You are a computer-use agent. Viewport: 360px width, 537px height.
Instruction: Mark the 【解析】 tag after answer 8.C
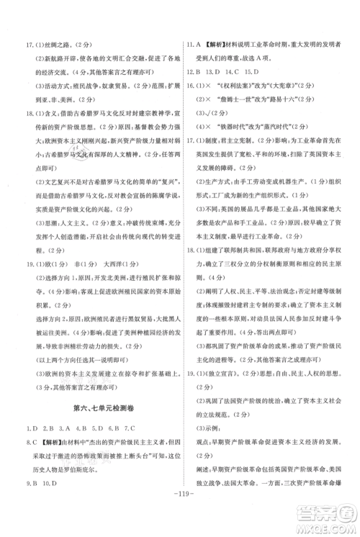42,439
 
